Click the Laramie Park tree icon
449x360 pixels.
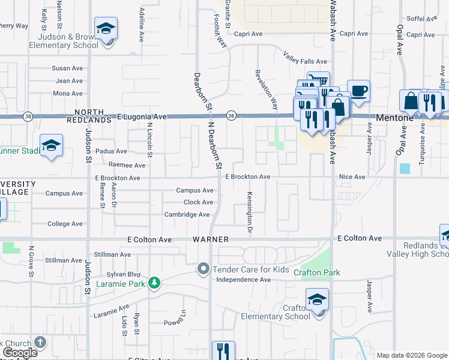coord(154,283)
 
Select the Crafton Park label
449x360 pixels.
coord(317,272)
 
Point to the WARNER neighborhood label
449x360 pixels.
coord(211,239)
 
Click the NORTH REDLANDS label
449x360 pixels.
coord(93,116)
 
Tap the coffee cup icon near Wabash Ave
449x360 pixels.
coord(359,91)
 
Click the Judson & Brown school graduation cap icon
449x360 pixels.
coord(106,29)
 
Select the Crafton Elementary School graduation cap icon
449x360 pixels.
coord(317,299)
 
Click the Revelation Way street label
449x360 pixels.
coord(266,89)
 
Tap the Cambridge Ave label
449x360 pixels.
coord(188,214)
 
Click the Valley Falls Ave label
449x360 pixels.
coord(305,61)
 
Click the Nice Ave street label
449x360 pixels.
coord(352,177)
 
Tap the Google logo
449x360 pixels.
coord(20,353)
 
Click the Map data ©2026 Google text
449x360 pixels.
coord(412,355)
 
